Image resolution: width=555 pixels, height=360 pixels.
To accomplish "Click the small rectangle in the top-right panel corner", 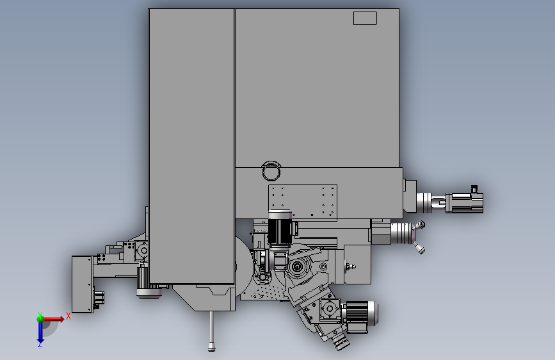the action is (365, 19).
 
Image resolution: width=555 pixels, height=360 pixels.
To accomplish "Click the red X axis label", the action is (68, 316).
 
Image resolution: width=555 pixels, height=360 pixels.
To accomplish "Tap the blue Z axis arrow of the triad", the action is (40, 332).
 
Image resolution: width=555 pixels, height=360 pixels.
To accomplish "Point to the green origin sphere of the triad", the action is (40, 318).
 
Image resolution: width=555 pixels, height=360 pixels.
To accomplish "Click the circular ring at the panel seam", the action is (271, 172).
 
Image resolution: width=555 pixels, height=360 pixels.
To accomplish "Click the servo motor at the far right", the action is (464, 202).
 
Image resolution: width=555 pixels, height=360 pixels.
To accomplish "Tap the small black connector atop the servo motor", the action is (474, 189).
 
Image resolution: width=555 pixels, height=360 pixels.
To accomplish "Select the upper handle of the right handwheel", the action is (420, 225).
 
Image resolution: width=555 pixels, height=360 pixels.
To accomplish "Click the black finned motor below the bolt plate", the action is (280, 229).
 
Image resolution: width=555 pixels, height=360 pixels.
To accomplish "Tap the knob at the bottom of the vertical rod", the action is (211, 346).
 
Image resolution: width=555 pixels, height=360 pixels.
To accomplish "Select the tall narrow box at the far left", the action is (83, 284).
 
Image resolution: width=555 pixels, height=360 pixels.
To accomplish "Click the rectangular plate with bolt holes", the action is (303, 202).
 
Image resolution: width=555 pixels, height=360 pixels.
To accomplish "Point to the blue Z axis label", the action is (40, 344).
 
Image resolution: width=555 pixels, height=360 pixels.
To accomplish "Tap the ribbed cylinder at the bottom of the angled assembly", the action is (340, 341).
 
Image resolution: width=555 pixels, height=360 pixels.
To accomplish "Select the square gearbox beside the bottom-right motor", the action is (330, 309).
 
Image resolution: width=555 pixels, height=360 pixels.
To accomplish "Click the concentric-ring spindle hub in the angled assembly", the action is (297, 266).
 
